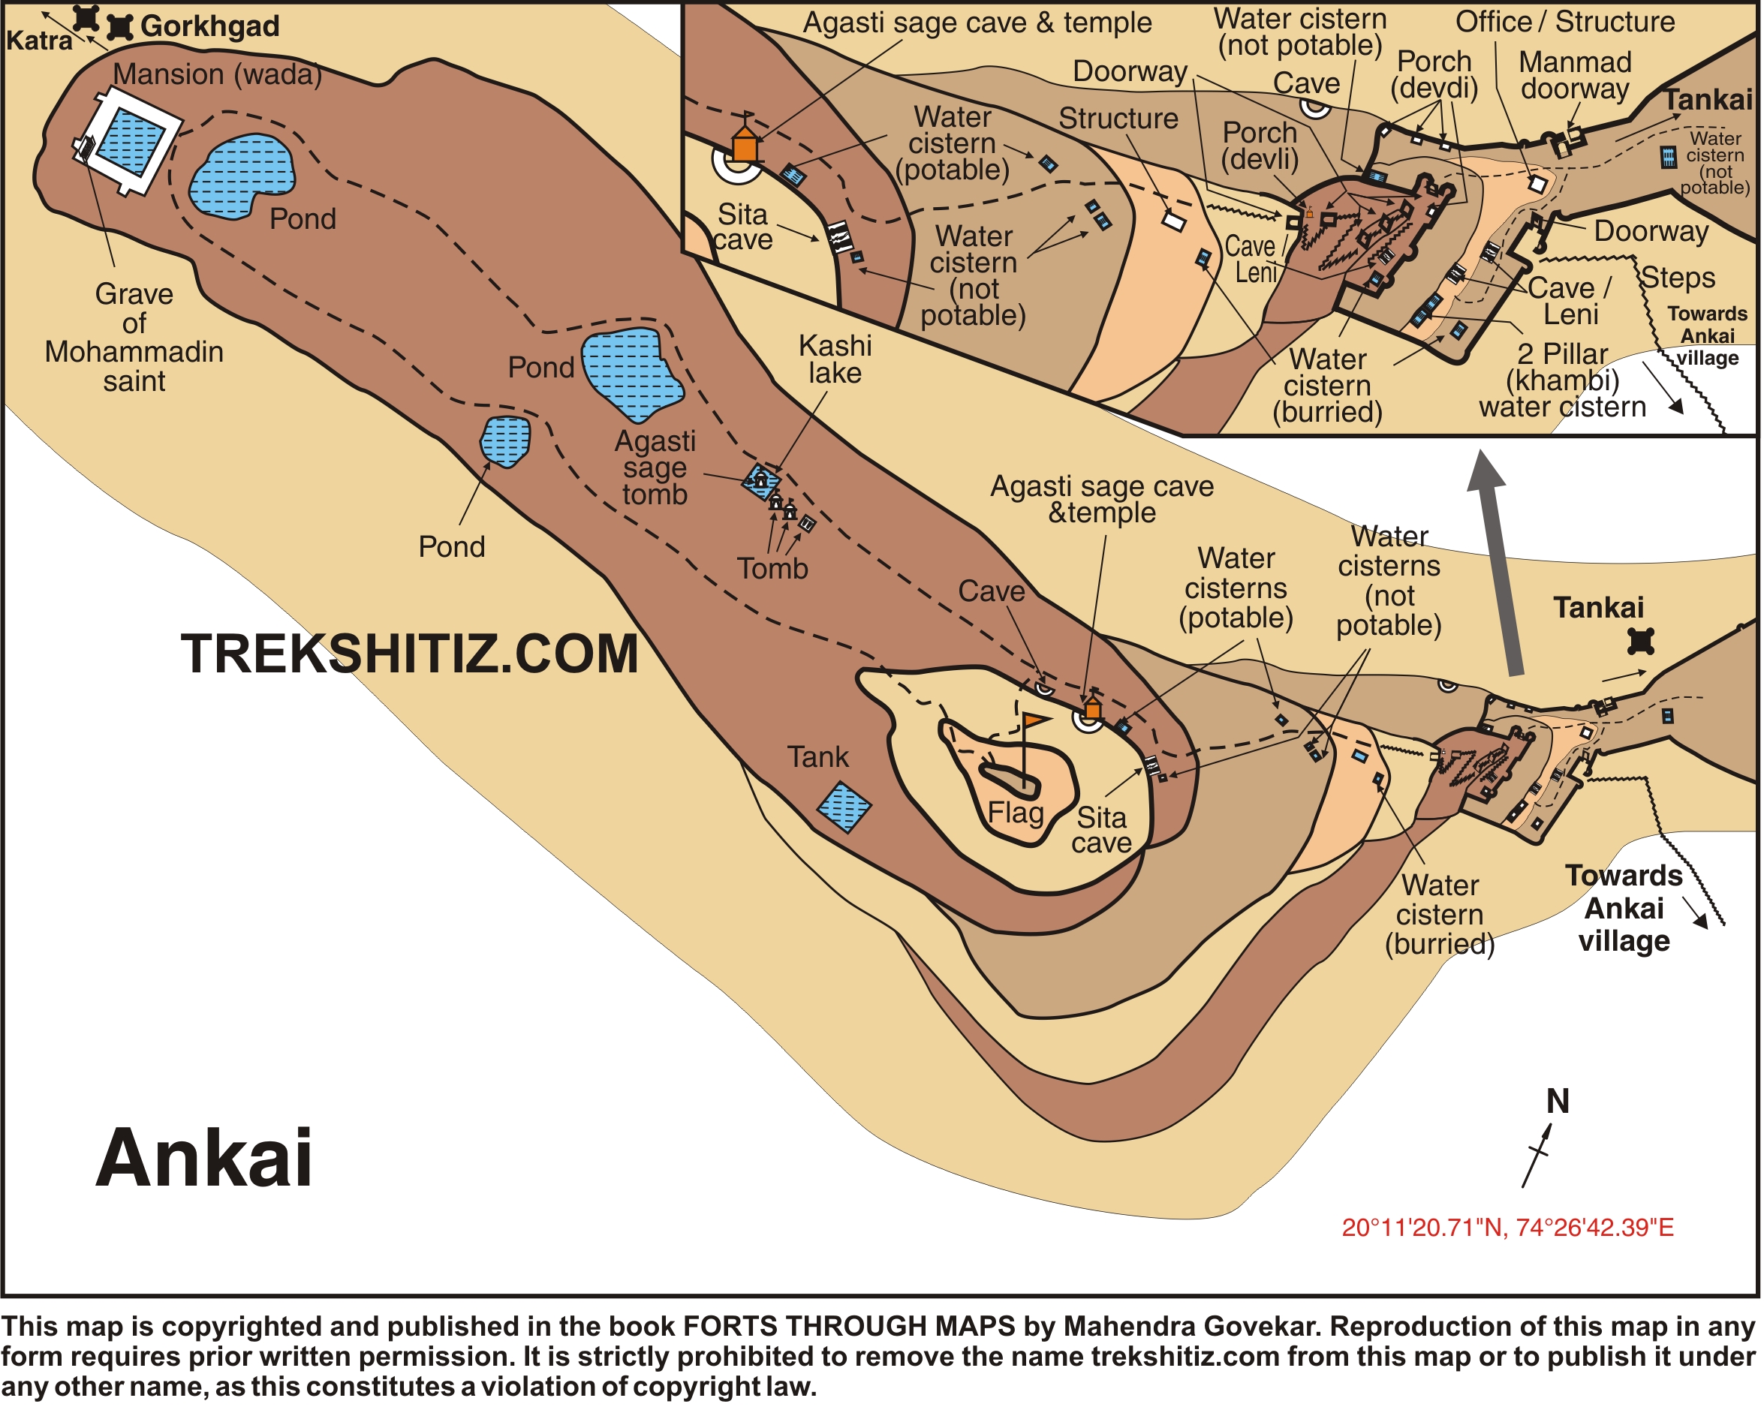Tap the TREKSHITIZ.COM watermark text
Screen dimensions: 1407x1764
tap(409, 654)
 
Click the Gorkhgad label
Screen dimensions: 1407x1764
tap(209, 26)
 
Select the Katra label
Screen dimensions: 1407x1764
tap(38, 40)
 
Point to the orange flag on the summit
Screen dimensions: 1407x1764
tap(1035, 720)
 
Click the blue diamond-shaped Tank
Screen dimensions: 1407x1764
tap(844, 807)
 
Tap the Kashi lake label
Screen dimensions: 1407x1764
tap(835, 359)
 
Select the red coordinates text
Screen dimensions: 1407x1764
tap(1507, 1228)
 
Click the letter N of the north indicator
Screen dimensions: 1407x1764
tap(1558, 1102)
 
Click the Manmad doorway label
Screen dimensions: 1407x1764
tap(1575, 75)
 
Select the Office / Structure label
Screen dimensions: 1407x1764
tap(1564, 22)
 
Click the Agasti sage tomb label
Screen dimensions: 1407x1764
tap(655, 468)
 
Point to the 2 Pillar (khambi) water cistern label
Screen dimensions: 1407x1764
tap(1562, 380)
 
